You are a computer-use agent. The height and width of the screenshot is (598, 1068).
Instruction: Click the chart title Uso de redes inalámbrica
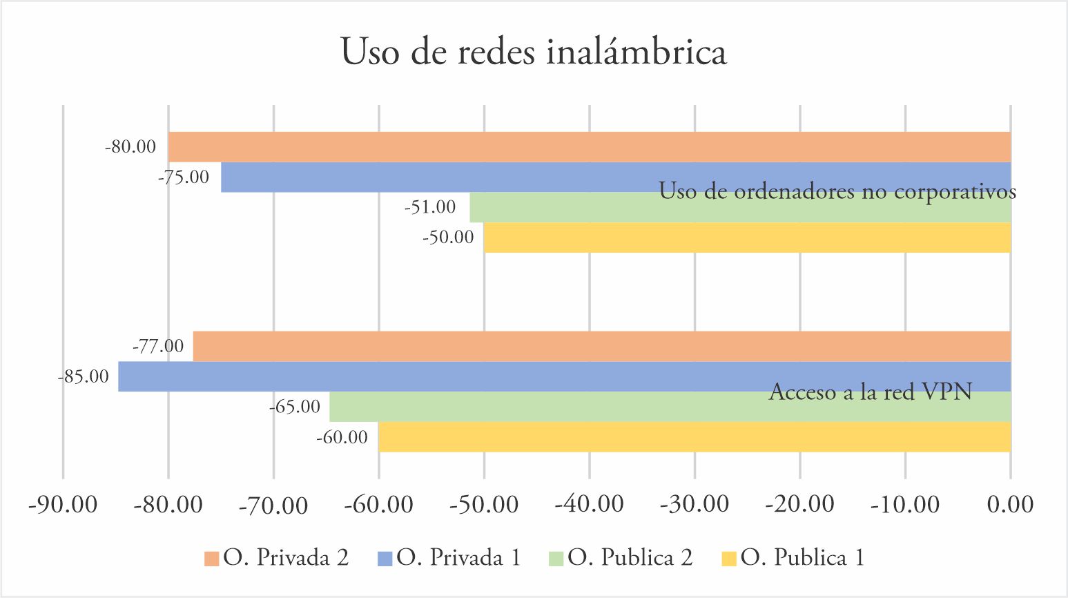[x=534, y=52]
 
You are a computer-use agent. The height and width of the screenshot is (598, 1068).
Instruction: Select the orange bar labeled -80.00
[x=589, y=147]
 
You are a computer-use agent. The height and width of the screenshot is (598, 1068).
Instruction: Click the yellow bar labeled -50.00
[x=746, y=238]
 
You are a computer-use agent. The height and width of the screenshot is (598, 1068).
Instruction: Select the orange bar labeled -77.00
[x=601, y=347]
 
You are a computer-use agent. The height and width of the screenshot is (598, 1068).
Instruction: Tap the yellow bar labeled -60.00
[x=694, y=437]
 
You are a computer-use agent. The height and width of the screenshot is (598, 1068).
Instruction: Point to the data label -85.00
[x=84, y=377]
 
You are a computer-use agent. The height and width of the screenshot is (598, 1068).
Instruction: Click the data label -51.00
[x=430, y=207]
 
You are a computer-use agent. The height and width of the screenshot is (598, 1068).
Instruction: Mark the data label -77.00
[x=158, y=346]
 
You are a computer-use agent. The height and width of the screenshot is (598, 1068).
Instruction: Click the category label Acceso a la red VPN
[x=870, y=392]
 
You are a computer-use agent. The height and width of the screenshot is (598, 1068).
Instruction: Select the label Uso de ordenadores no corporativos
[x=837, y=191]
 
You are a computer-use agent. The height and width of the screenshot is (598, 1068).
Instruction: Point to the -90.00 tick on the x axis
[x=63, y=505]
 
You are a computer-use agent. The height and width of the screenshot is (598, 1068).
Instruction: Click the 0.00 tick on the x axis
[x=1010, y=505]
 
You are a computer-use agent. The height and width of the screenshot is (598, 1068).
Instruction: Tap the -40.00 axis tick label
[x=589, y=505]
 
